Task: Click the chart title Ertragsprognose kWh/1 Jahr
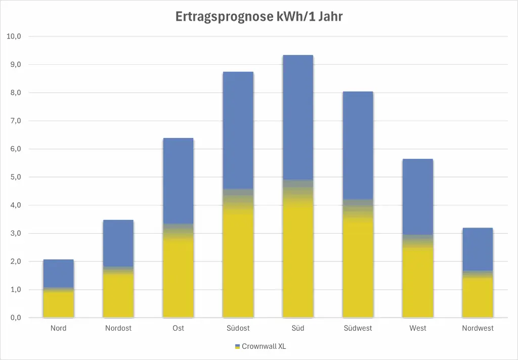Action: point(259,17)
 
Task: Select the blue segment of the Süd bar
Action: point(298,116)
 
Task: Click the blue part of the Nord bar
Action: point(59,273)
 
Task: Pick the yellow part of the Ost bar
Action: point(178,278)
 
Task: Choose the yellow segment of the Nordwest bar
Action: point(478,298)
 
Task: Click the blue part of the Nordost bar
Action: point(118,243)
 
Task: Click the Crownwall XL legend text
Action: point(264,346)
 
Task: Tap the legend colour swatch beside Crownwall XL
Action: point(237,346)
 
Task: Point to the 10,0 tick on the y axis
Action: point(14,36)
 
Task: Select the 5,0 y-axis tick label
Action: point(14,177)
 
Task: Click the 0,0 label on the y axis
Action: point(14,318)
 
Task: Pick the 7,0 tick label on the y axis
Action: point(14,121)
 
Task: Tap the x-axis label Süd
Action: point(298,328)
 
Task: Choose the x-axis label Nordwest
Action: point(478,328)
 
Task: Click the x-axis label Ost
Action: point(178,328)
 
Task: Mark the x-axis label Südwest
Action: point(358,328)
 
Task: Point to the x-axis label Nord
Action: point(59,328)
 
